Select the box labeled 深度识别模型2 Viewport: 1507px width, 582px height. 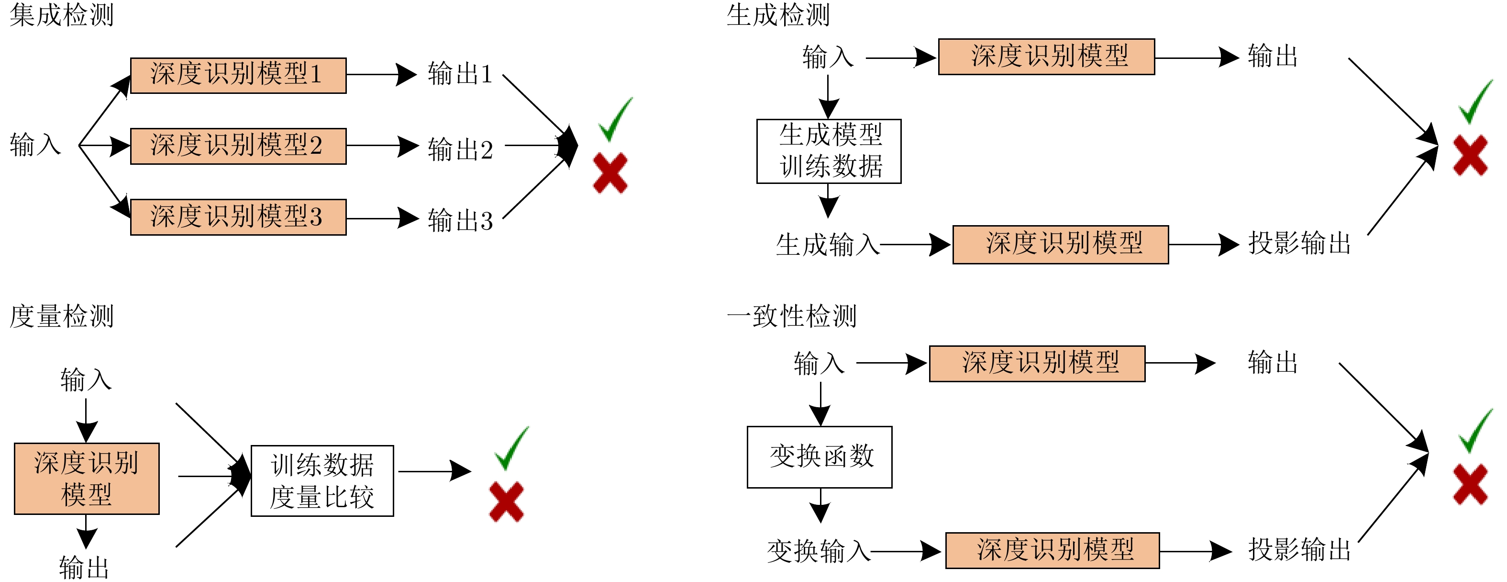point(238,146)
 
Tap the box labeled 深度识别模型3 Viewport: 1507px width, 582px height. point(238,217)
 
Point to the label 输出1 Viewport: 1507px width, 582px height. point(460,74)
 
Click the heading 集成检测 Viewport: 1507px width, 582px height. point(61,15)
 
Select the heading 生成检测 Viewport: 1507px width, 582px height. point(778,15)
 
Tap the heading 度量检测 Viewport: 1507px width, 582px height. point(61,316)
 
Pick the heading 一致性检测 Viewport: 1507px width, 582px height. point(791,316)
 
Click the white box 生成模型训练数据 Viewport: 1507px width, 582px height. point(829,151)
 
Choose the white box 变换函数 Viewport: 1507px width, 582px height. point(819,456)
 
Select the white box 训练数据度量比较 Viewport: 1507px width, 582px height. point(322,481)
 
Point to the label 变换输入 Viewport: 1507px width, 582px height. point(819,551)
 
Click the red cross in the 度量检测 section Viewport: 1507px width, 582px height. point(507,502)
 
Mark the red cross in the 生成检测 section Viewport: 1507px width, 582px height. point(1470,155)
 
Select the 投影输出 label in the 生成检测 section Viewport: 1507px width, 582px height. point(1299,243)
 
